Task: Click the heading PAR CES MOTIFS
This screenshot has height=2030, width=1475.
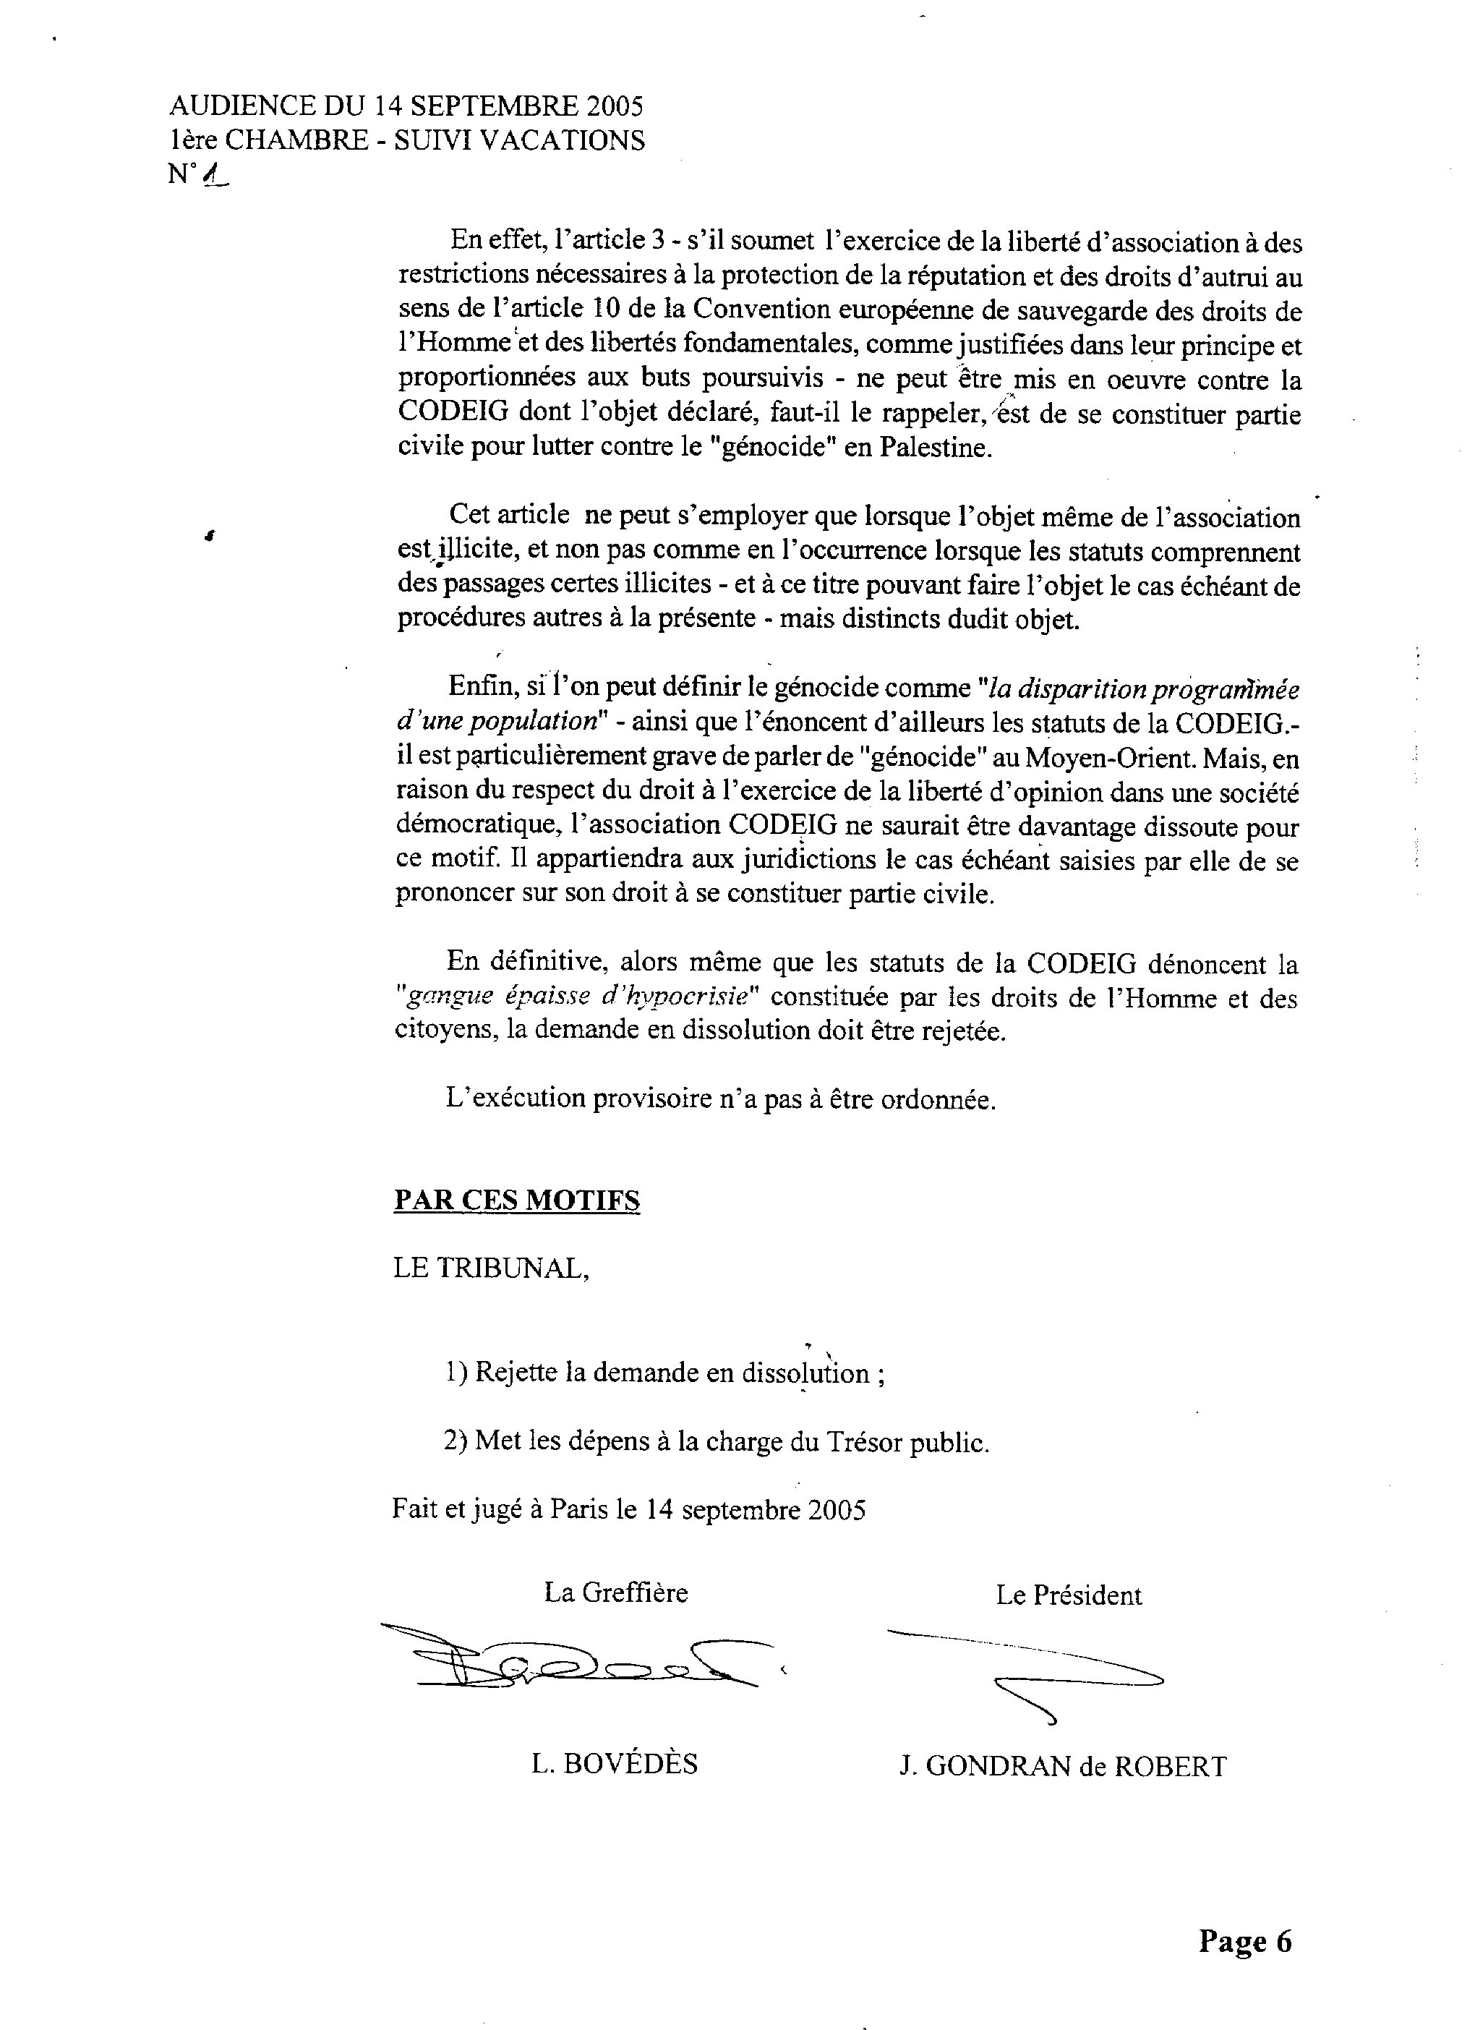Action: tap(516, 1201)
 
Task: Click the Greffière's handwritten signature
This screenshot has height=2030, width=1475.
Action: tap(573, 1660)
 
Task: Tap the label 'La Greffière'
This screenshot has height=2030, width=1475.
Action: tap(616, 1593)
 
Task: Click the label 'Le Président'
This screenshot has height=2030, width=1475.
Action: tap(1069, 1596)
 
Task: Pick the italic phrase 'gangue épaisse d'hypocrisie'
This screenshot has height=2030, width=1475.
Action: tap(579, 997)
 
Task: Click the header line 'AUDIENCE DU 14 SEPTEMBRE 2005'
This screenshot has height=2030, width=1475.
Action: tap(406, 106)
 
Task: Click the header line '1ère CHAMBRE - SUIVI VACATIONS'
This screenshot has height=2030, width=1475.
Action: tap(406, 140)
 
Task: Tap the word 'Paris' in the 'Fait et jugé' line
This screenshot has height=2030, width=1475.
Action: tap(579, 1510)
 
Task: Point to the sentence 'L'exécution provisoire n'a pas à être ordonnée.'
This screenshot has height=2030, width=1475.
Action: tap(720, 1099)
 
